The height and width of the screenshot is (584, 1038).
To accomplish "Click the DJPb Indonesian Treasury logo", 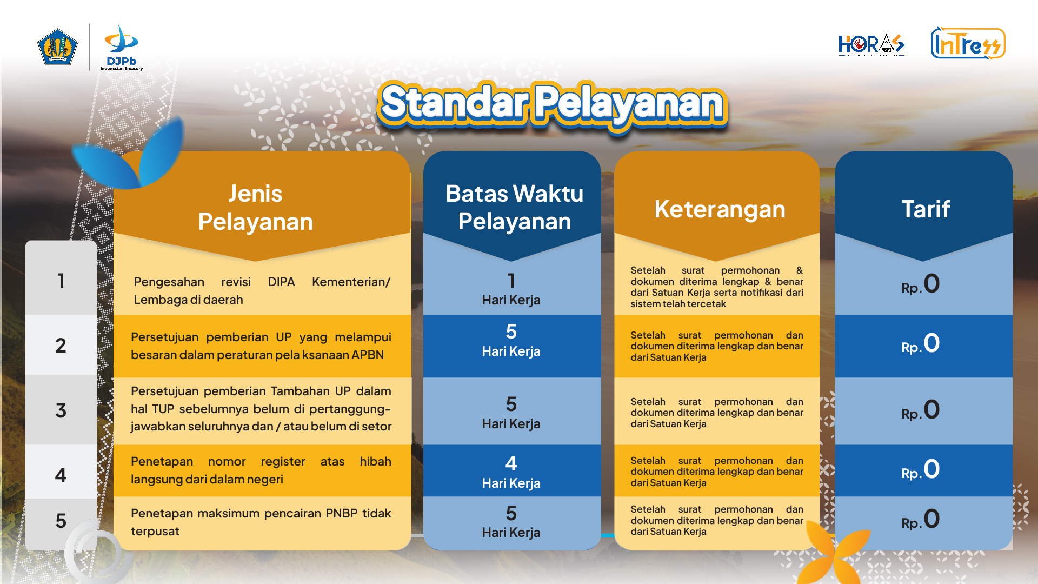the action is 122,47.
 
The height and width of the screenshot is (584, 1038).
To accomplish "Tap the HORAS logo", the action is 871,45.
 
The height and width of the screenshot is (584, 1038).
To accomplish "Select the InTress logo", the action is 968,43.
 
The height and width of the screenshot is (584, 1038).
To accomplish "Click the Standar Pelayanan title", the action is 552,104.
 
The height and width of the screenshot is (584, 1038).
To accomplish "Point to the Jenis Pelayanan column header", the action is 255,208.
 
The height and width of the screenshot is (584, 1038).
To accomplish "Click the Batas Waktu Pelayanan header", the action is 514,208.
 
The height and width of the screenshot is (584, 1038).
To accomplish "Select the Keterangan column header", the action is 720,209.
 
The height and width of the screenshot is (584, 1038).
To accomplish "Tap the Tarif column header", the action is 926,209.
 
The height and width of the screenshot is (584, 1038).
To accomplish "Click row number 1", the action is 61,281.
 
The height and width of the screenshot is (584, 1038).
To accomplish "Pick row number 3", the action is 61,410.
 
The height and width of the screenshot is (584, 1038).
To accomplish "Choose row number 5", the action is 61,521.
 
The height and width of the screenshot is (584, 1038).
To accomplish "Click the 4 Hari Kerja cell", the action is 511,472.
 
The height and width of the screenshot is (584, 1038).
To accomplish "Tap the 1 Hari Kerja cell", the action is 511,289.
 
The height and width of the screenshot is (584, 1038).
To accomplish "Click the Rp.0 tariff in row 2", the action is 920,343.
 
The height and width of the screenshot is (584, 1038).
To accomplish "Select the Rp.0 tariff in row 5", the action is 920,519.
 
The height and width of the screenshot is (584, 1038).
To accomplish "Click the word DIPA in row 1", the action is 281,282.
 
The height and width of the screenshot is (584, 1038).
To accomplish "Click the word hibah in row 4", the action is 375,461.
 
